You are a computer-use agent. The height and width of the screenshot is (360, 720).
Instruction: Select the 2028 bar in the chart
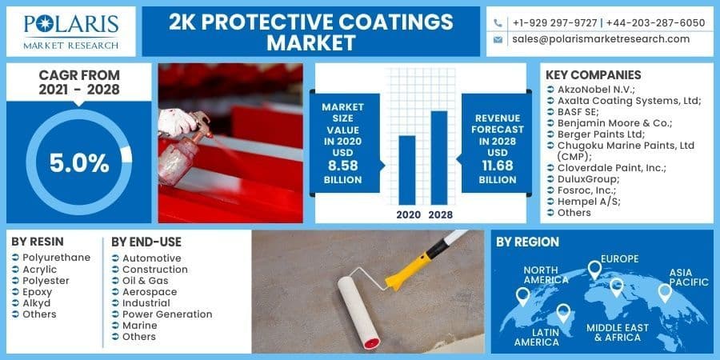[439, 157]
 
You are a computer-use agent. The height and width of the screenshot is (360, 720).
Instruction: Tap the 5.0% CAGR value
[79, 163]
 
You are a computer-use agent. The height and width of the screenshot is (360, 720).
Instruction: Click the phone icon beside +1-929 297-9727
[498, 22]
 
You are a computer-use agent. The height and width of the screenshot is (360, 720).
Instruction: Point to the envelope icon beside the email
[498, 39]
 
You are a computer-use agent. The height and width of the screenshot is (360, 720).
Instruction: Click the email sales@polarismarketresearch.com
[601, 39]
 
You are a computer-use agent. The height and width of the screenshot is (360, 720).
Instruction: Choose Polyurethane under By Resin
[56, 258]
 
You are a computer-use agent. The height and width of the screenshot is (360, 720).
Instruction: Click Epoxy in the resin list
[38, 292]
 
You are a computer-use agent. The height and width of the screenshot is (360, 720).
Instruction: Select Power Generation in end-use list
[166, 314]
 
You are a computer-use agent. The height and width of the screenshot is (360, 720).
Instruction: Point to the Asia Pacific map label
[689, 276]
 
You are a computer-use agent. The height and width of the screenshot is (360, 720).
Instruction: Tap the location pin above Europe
[594, 270]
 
